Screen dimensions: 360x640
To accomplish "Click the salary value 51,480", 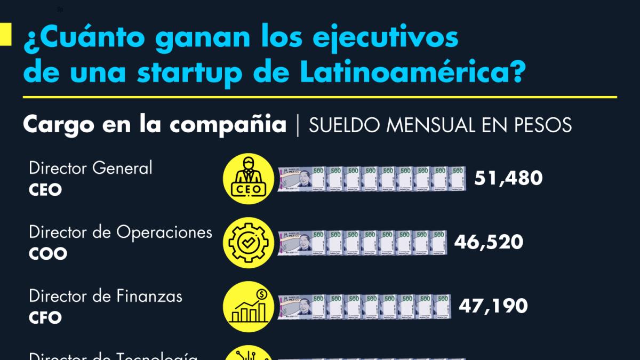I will pyautogui.click(x=508, y=178).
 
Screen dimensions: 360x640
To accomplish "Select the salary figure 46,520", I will pyautogui.click(x=489, y=242).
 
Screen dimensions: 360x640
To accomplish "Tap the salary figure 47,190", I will pyautogui.click(x=493, y=306).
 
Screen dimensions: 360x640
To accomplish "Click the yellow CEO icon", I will pyautogui.click(x=248, y=179).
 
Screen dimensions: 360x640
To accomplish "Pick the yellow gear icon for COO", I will pyautogui.click(x=248, y=243).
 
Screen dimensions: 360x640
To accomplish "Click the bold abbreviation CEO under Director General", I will pyautogui.click(x=45, y=190).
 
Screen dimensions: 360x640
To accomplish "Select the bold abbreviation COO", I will pyautogui.click(x=48, y=254).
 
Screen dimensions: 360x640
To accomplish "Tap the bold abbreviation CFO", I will pyautogui.click(x=45, y=318).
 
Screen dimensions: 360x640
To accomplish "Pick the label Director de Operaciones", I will pyautogui.click(x=121, y=232).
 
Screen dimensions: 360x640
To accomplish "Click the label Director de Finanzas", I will pyautogui.click(x=106, y=296).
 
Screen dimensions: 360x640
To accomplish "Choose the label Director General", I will pyautogui.click(x=91, y=168).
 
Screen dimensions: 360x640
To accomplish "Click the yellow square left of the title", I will pyautogui.click(x=5, y=35).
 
